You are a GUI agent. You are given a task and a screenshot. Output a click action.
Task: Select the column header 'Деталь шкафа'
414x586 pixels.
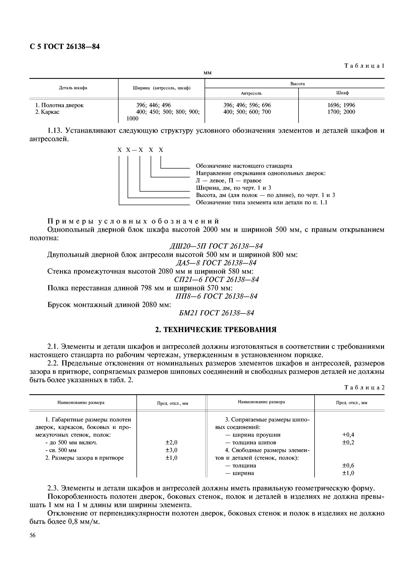coord(73,88)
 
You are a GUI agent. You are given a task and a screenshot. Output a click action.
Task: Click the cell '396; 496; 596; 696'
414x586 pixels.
coord(247,105)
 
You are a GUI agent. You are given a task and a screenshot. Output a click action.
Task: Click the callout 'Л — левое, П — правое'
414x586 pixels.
coord(229,181)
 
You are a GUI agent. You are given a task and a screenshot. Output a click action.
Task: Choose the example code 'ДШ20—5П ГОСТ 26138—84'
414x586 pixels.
coord(216,246)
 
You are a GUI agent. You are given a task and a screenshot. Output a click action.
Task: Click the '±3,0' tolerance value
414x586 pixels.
coord(171,450)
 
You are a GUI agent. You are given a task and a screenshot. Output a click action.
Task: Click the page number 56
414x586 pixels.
coord(33,535)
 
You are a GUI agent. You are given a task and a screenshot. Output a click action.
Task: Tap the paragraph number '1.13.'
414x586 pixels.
coord(55,131)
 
